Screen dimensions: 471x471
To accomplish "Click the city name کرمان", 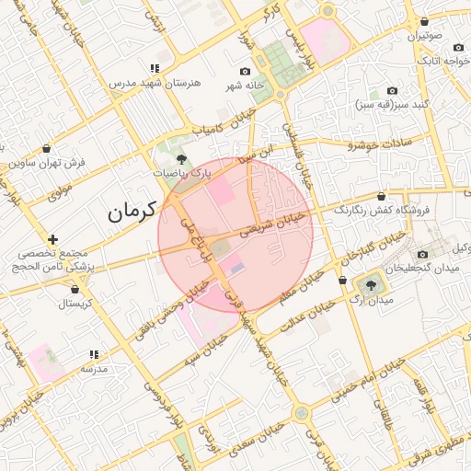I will point(126,213).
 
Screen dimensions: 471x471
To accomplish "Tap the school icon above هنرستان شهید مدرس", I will point(154,68).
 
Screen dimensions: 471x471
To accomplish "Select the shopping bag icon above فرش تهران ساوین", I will point(47,148).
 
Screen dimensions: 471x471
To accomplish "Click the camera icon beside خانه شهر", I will point(245,72).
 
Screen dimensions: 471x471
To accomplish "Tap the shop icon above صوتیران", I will point(424,22).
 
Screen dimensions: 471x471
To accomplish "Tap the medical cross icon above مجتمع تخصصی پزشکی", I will point(53,239).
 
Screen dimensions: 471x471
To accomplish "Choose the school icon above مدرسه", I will point(93,354).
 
